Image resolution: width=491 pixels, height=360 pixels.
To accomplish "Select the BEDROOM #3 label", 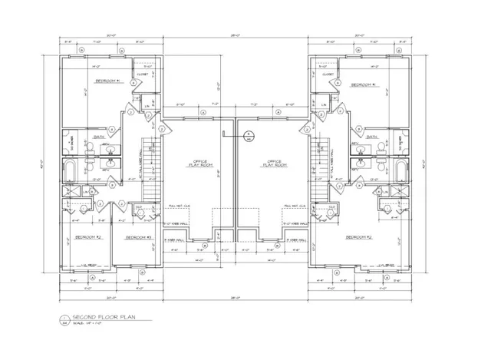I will click(x=140, y=237).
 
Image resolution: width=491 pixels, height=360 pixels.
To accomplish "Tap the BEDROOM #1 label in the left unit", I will click(x=108, y=81).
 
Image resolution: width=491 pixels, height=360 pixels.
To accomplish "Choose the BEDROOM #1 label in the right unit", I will click(x=363, y=85).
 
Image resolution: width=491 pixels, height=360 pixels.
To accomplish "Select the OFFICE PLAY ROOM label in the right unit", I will click(x=275, y=163).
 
